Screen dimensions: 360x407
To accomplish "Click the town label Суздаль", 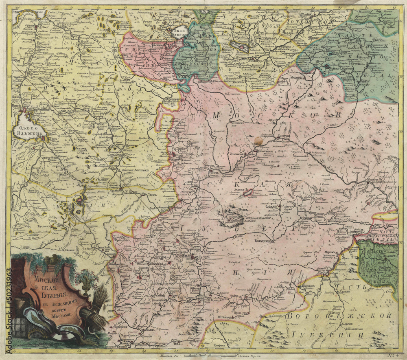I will click(x=271, y=206).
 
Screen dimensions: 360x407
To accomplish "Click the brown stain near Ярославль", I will click(x=258, y=141).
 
